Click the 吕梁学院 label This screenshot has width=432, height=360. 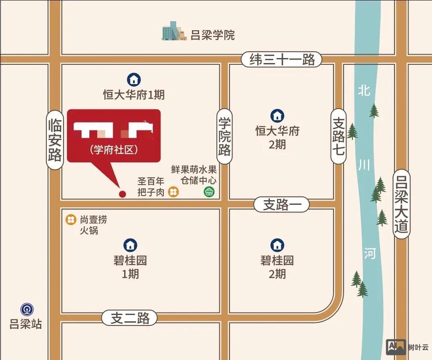213,35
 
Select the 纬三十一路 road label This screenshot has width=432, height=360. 282,60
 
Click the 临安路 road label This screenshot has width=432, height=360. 55,140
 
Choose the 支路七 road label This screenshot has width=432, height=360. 339,136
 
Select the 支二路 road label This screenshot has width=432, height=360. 129,319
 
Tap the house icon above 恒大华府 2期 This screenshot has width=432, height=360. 277,116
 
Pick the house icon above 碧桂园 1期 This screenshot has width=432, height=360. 130,245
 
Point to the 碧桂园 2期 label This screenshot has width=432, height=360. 277,266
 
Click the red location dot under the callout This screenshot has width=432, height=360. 121,194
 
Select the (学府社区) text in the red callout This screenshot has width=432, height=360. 114,150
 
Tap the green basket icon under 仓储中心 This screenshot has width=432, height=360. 209,193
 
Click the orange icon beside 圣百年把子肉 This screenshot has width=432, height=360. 173,193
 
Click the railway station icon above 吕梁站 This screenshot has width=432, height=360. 27,310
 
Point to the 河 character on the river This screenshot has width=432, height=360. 369,254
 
